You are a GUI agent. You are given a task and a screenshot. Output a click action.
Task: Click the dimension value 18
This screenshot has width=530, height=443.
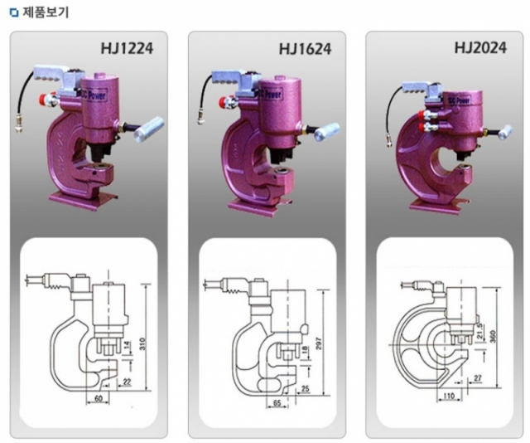click(306, 352)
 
